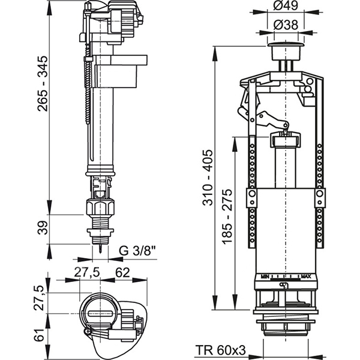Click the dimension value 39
[x=40, y=229]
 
